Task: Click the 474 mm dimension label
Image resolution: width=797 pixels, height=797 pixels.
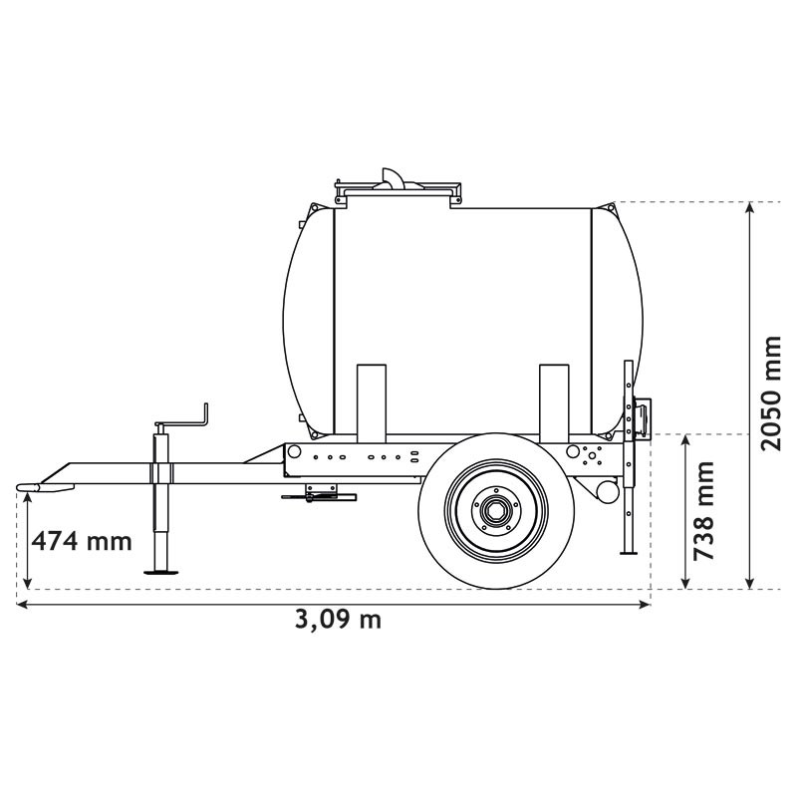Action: (82, 541)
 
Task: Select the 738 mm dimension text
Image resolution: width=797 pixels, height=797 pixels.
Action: (705, 510)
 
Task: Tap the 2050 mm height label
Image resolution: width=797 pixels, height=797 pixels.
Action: (771, 393)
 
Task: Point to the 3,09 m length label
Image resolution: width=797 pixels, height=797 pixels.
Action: (338, 619)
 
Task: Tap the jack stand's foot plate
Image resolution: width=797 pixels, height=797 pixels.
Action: (162, 571)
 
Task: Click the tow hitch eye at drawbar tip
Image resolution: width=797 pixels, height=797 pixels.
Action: (28, 487)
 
